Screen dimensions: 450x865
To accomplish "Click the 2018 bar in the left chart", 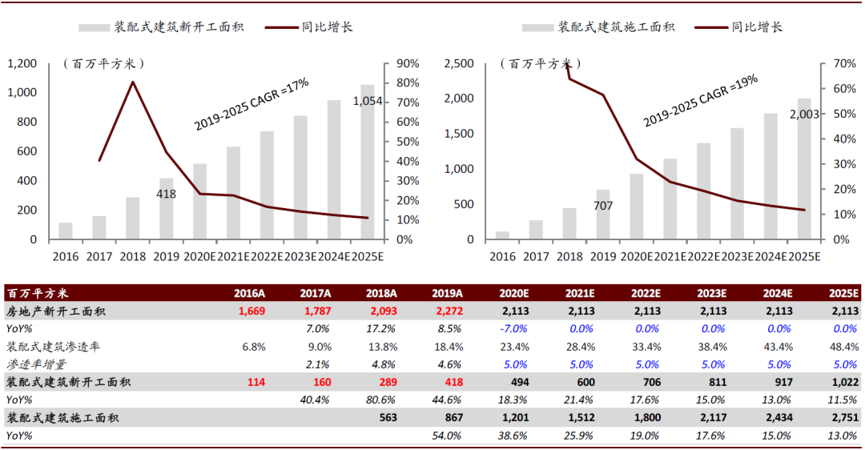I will (x=132, y=219).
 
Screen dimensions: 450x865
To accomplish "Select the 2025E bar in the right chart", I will (x=803, y=169).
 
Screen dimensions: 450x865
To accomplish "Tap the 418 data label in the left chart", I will (x=166, y=194).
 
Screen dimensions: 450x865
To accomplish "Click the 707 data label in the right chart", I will (x=602, y=206).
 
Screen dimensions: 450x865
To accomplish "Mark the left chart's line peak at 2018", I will (x=132, y=82).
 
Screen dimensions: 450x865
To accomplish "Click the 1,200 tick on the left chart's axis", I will (x=22, y=63).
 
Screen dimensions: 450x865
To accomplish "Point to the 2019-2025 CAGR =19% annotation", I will (x=700, y=99).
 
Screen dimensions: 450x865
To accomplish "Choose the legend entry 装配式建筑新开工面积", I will (x=177, y=27).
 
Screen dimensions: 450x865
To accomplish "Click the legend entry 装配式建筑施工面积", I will (x=617, y=27).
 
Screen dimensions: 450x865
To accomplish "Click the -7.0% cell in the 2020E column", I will (x=512, y=328).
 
